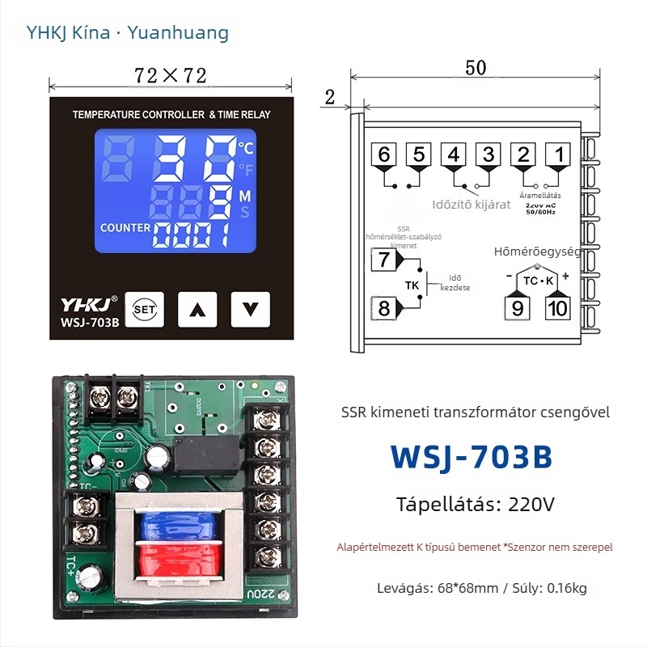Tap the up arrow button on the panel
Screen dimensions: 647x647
click(197, 308)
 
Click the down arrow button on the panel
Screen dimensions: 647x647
click(249, 308)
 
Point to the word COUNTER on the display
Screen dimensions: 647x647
click(125, 228)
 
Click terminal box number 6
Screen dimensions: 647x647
click(383, 154)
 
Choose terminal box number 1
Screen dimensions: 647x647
click(557, 154)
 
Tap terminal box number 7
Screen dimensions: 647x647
click(383, 260)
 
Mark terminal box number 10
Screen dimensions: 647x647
click(557, 307)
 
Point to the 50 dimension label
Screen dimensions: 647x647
click(476, 68)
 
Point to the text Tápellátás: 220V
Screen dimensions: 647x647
click(476, 505)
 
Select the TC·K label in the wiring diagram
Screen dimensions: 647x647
click(537, 281)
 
